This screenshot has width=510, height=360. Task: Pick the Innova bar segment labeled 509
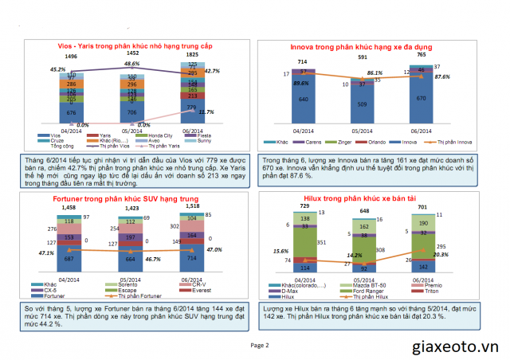tap(362, 104)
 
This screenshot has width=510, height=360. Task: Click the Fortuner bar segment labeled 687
tap(69, 259)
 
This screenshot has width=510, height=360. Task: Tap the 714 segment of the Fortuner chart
tap(190, 259)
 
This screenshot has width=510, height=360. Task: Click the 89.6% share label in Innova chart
tap(300, 84)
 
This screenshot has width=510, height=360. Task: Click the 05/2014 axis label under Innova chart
tap(362, 130)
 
